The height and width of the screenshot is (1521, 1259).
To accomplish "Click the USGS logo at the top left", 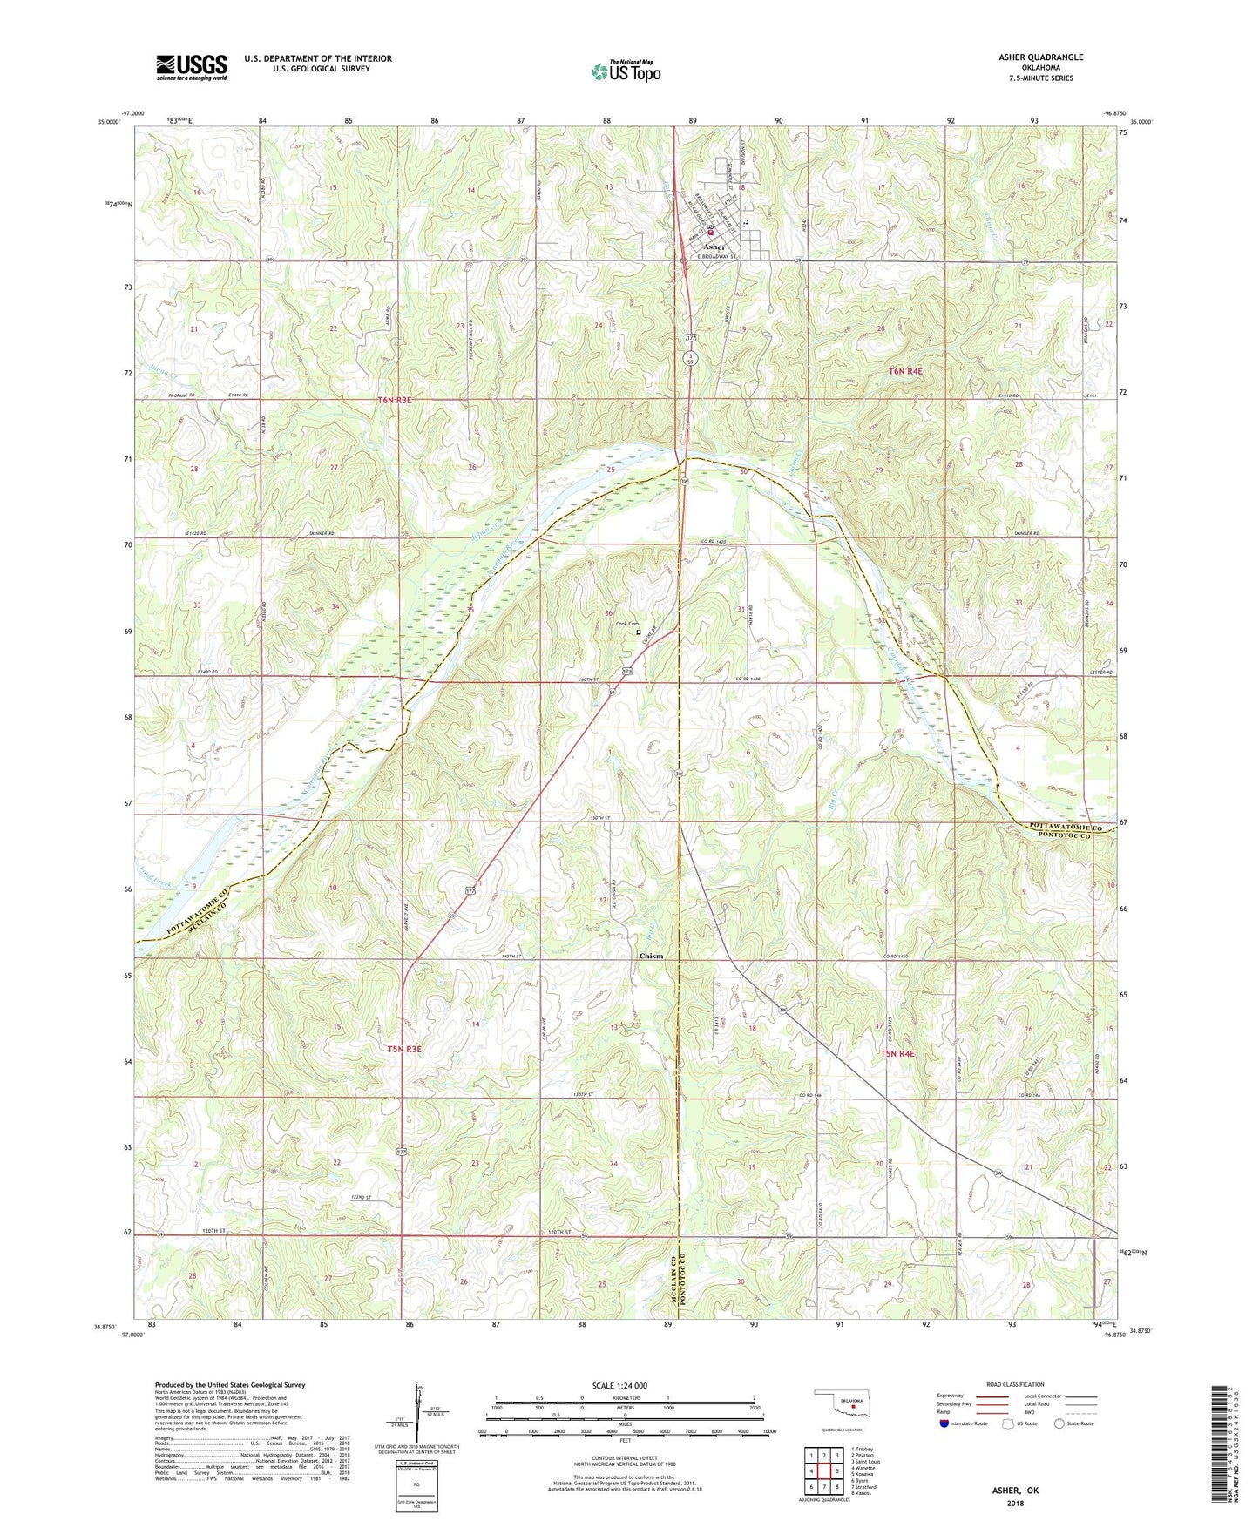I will click(x=191, y=67).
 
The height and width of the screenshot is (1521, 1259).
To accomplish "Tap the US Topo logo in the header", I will click(x=626, y=72).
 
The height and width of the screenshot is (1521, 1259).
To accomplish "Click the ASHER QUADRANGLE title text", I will click(x=1041, y=57).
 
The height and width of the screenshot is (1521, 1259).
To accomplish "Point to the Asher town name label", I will click(x=714, y=247).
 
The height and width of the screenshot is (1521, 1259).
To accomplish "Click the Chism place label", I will click(x=651, y=956).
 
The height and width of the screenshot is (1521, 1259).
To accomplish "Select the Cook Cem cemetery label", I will click(x=627, y=624).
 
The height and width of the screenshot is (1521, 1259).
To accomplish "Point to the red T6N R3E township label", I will click(x=394, y=400).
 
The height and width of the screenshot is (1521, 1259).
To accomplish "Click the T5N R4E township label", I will click(x=897, y=1054).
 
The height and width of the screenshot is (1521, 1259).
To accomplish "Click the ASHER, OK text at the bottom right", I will click(x=1015, y=1491).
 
